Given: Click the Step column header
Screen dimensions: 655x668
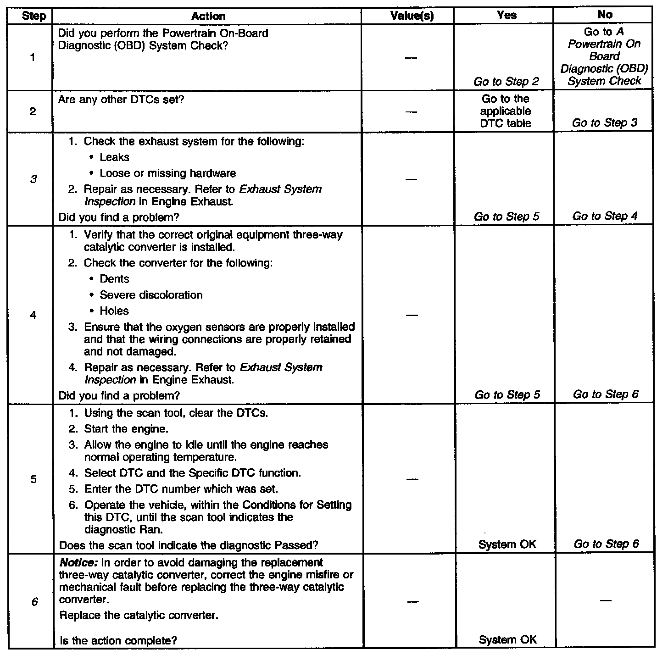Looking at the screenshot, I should [34, 17].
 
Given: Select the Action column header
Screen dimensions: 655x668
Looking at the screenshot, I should [208, 17].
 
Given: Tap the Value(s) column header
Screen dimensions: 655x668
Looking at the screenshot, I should [412, 16].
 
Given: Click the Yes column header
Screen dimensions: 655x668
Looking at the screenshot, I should [507, 16].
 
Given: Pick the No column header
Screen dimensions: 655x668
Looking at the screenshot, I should [605, 15].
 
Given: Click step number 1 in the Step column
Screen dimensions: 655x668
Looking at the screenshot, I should [33, 58].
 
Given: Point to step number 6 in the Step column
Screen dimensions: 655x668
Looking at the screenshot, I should [34, 602].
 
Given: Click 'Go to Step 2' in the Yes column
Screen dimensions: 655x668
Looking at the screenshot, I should [506, 82].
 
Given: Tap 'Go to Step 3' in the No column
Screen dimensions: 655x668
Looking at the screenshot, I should [605, 123].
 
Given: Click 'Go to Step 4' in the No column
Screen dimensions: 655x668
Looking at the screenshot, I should [605, 216].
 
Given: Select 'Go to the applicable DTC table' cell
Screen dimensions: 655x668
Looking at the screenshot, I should [506, 111].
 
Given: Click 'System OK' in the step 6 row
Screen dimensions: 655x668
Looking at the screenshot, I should [507, 640].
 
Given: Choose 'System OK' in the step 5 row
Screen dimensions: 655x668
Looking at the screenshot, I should [507, 544].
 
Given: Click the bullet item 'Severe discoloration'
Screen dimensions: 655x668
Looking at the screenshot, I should [151, 295].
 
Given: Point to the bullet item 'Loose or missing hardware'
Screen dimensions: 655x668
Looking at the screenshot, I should [167, 173].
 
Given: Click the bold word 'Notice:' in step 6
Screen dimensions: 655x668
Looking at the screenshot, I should [76, 563].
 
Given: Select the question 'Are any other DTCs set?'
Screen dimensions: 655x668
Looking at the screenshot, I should [121, 100].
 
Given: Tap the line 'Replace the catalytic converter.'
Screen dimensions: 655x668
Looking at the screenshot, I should [139, 615].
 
